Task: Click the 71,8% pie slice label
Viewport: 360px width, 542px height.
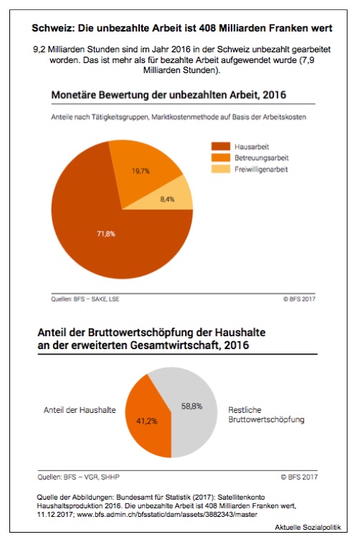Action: click(x=106, y=234)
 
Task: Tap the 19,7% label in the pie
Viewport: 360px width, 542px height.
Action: click(x=141, y=171)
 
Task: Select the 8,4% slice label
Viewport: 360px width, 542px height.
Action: click(x=167, y=199)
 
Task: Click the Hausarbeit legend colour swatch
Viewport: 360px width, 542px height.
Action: click(x=221, y=146)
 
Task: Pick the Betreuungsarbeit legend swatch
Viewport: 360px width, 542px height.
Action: click(x=221, y=158)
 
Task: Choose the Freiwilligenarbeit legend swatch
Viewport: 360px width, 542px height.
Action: click(x=221, y=169)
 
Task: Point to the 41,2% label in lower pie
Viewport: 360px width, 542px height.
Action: click(x=146, y=421)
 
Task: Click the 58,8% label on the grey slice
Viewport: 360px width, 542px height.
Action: click(x=191, y=406)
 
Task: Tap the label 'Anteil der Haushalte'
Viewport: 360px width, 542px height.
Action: click(x=80, y=410)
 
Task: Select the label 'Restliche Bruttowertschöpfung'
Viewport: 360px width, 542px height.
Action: click(x=266, y=415)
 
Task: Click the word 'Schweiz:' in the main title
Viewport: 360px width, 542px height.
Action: click(x=53, y=28)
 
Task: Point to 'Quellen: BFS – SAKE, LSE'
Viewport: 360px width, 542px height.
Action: click(x=85, y=299)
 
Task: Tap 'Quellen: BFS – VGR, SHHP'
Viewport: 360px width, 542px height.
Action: click(x=78, y=477)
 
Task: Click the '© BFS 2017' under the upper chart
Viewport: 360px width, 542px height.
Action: click(x=299, y=299)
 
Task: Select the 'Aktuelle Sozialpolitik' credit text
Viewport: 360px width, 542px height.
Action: click(x=308, y=527)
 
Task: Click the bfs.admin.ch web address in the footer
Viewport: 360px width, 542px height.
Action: click(x=167, y=514)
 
